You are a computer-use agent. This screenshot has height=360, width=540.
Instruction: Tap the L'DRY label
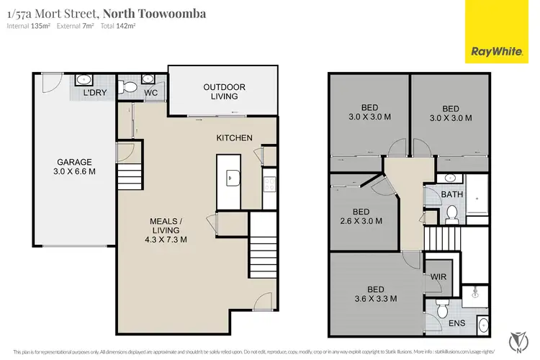[x=96, y=94]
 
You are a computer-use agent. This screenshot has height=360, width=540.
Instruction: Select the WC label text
[x=150, y=94]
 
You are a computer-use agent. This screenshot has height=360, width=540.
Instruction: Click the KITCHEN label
[x=235, y=138]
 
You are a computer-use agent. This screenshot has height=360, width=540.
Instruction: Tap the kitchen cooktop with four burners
[x=269, y=184]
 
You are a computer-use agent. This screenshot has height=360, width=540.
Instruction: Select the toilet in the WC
[x=130, y=87]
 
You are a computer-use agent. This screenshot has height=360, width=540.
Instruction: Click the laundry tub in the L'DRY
[x=82, y=80]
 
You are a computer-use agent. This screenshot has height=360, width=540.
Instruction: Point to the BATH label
[x=452, y=194]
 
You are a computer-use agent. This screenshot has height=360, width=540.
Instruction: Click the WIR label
[x=438, y=276]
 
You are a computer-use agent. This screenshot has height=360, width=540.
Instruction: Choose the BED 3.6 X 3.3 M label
[x=373, y=293]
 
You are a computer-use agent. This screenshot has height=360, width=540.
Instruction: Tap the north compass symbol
[x=515, y=338]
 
